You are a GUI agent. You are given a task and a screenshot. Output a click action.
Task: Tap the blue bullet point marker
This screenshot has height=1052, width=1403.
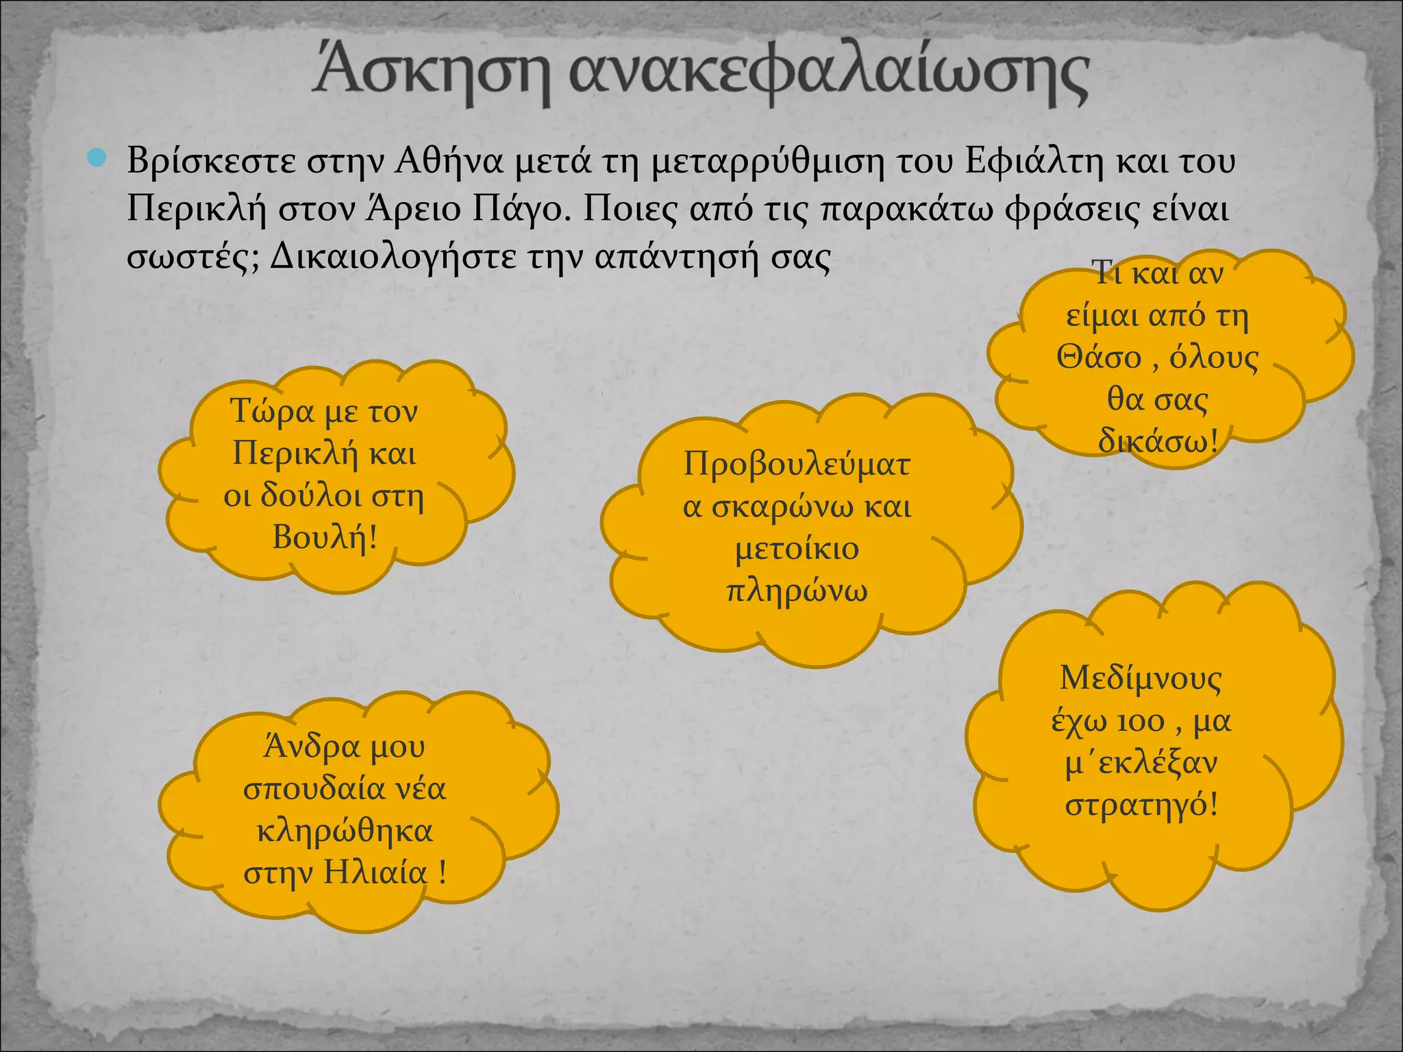click(98, 159)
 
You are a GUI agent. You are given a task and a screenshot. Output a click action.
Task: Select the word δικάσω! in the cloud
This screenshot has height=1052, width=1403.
click(1158, 441)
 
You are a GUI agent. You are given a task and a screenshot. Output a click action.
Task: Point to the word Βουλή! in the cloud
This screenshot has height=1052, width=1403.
click(325, 537)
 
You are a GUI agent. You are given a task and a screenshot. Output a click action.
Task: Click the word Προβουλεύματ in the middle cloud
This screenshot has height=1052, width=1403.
click(797, 465)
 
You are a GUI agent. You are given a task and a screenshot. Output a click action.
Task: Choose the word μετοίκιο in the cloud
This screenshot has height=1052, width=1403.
click(797, 549)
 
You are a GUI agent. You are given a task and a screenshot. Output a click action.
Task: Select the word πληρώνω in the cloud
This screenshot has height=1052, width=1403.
click(797, 591)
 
